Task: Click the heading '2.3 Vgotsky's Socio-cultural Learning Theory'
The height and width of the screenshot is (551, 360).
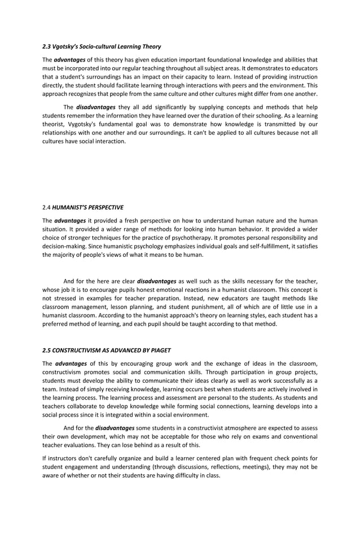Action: coord(102,46)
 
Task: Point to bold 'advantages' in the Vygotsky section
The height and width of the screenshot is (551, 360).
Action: coord(69,59)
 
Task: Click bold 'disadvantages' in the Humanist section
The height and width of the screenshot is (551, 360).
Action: coord(156,281)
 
